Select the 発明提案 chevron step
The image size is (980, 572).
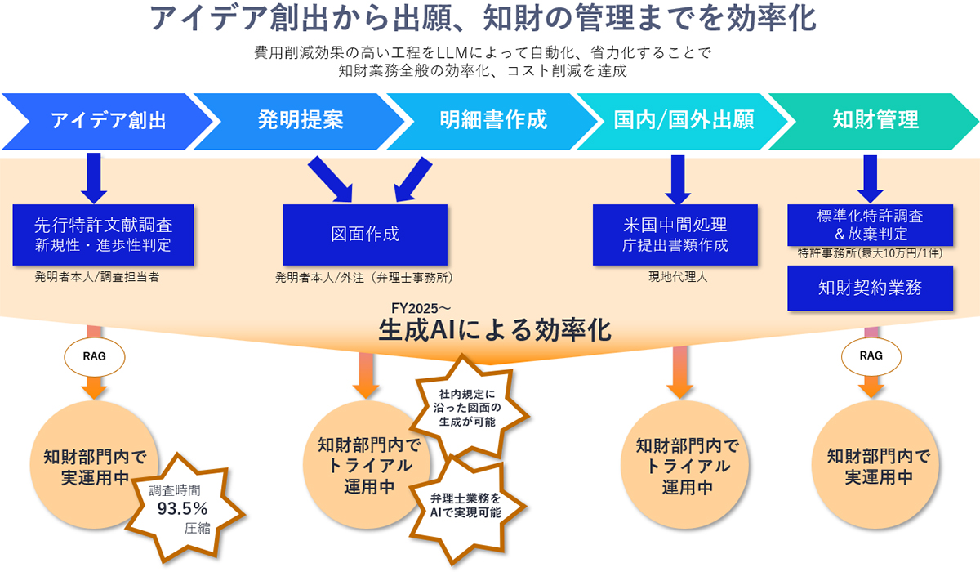301,120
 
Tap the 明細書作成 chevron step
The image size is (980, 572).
492,120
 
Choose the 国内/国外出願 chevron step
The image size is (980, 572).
684,120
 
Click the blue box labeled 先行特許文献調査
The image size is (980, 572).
104,234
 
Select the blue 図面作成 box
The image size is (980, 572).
365,234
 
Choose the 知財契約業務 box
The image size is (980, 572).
870,288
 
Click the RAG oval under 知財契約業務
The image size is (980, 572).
871,355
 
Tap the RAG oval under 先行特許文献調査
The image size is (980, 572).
93,355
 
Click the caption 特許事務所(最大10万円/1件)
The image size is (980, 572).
870,253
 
